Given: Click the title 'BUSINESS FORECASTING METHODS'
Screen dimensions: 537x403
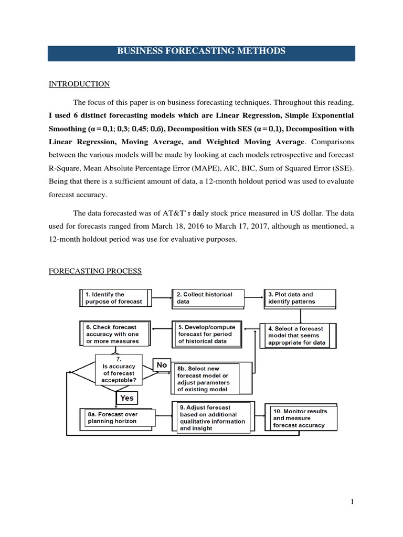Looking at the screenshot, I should [x=201, y=51].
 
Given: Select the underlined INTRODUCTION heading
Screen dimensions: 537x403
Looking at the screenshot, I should [x=79, y=84].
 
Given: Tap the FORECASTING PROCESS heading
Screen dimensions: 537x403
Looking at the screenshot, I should [x=95, y=271].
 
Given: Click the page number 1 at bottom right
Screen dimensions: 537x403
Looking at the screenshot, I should [x=353, y=502].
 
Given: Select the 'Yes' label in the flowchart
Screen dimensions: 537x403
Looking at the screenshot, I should [x=127, y=398].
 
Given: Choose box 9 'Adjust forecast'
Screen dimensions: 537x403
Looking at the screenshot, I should [x=211, y=417].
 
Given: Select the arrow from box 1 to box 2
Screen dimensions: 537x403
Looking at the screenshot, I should [x=161, y=298].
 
